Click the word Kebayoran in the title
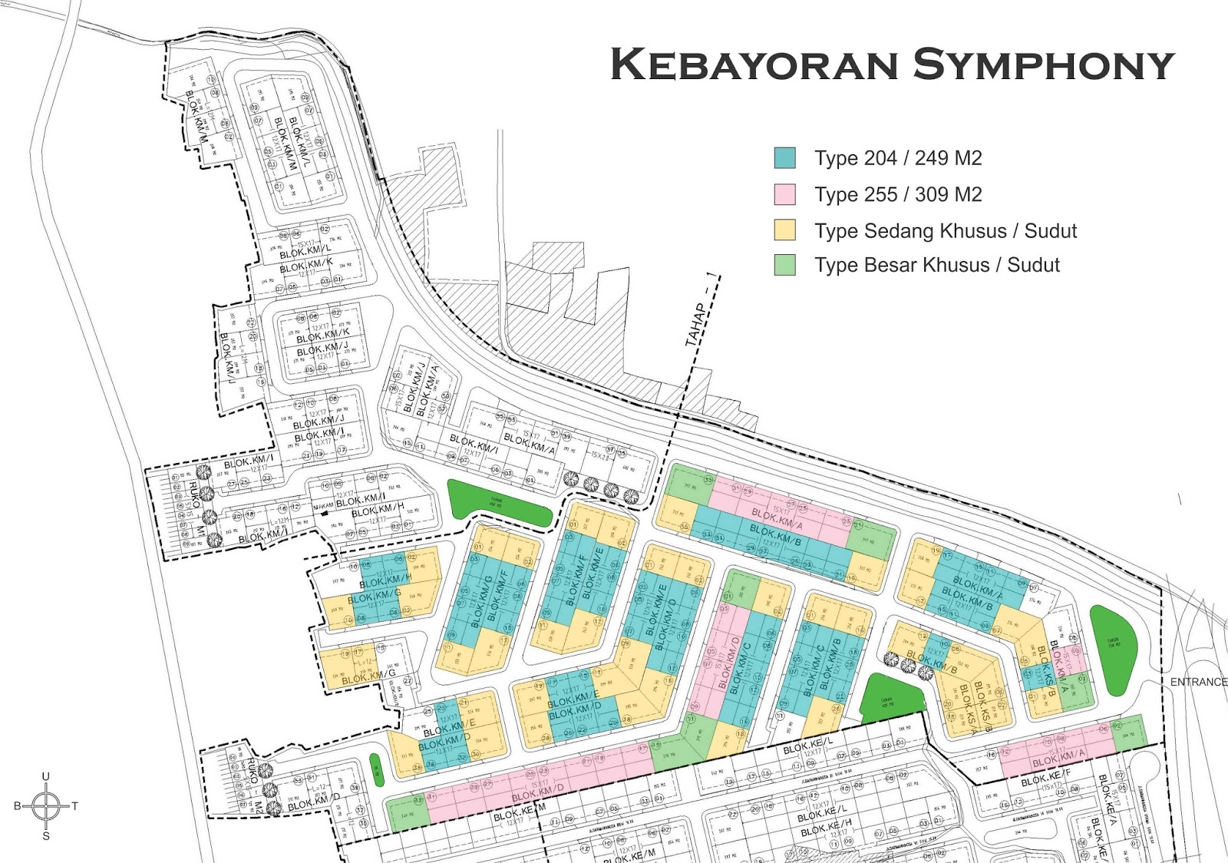[754, 64]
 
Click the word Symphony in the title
[1044, 64]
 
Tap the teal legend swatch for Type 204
[784, 158]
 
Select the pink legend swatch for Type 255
[784, 194]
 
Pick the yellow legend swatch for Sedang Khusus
[784, 230]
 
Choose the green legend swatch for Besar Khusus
[784, 265]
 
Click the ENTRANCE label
[1198, 682]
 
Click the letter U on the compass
[46, 777]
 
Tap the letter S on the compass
[46, 836]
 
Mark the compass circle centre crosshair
[46, 806]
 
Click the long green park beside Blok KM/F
[499, 503]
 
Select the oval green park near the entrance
[1113, 650]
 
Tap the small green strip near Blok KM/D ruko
[377, 769]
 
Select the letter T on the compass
[75, 806]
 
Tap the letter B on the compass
[18, 806]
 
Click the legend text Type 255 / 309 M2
[898, 194]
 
